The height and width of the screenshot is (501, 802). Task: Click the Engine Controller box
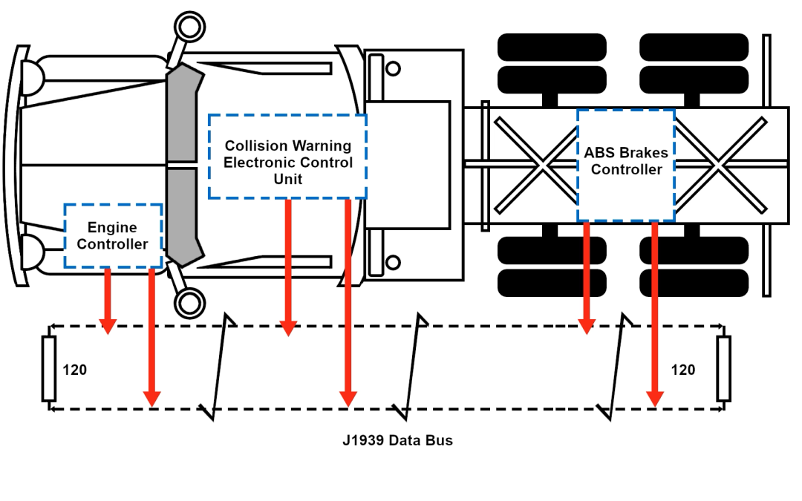(x=113, y=236)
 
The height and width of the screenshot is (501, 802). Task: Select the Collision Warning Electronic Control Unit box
(x=287, y=156)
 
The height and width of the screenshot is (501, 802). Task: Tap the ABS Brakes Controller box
(x=626, y=164)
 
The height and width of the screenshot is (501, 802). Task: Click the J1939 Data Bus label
(x=397, y=440)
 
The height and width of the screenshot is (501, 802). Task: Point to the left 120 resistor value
(x=74, y=370)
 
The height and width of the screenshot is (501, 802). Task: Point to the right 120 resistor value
(x=682, y=370)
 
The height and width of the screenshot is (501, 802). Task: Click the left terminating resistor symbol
(x=49, y=368)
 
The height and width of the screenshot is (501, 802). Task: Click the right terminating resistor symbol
(x=723, y=368)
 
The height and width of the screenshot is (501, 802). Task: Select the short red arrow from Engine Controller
(x=108, y=301)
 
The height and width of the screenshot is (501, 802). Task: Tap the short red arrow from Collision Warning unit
(x=288, y=267)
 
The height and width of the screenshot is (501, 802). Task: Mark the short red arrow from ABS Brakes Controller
(x=587, y=278)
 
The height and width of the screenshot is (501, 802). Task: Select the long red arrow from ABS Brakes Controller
(x=654, y=315)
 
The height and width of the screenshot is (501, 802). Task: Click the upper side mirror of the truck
(x=189, y=27)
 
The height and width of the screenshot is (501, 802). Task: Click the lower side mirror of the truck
(x=188, y=303)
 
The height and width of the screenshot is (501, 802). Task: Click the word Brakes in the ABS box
(x=645, y=153)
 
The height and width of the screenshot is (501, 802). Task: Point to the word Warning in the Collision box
(x=321, y=145)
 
